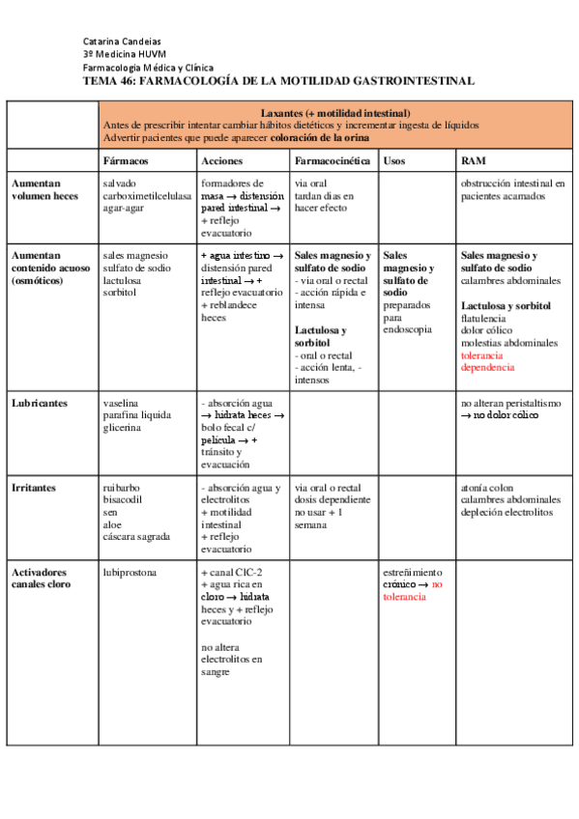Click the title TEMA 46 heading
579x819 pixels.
pyautogui.click(x=278, y=81)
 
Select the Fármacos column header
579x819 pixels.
pyautogui.click(x=126, y=160)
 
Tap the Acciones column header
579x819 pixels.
pyautogui.click(x=222, y=160)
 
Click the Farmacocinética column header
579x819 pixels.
pyautogui.click(x=333, y=160)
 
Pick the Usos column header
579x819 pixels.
pyautogui.click(x=394, y=160)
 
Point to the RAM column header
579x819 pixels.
pyautogui.click(x=474, y=160)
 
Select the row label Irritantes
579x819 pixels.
pyautogui.click(x=36, y=488)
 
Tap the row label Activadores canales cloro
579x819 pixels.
pyautogui.click(x=46, y=579)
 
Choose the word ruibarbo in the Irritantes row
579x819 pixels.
pyautogui.click(x=122, y=488)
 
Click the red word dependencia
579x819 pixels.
pyautogui.click(x=487, y=367)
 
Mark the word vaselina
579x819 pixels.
pyautogui.click(x=122, y=402)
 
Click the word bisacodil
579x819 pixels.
pyautogui.click(x=124, y=500)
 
